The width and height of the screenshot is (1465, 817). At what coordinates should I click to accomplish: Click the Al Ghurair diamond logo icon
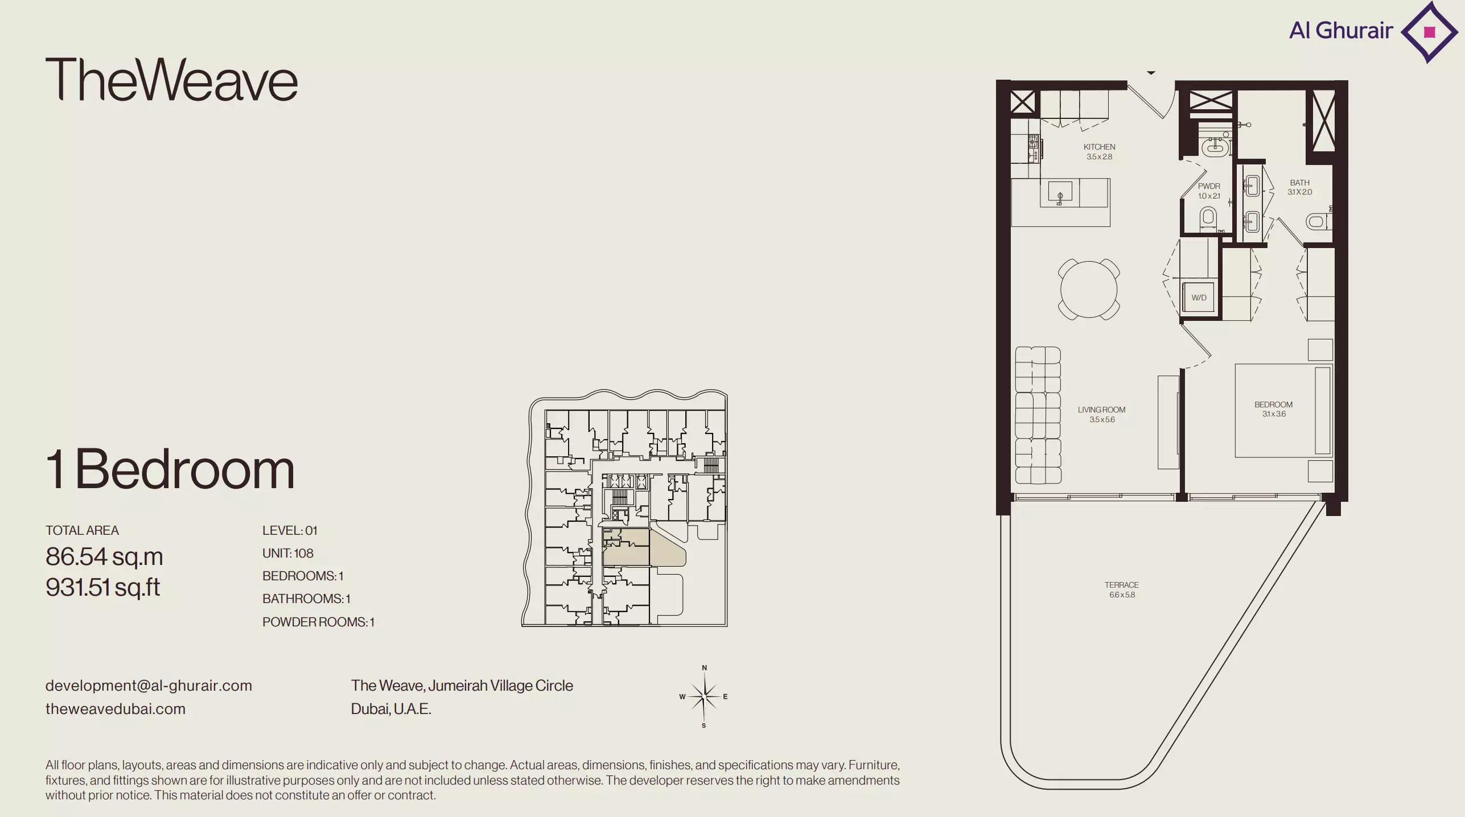1429,32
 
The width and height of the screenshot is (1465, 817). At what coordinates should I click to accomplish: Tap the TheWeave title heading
171,80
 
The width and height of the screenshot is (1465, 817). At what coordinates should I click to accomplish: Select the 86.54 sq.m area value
104,556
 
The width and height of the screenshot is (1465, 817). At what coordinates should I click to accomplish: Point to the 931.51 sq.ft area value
103,587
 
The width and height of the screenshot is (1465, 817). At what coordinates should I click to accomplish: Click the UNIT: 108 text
288,553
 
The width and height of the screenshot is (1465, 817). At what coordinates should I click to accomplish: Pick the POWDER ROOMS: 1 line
319,622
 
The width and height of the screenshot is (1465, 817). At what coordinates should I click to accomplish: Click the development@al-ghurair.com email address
149,686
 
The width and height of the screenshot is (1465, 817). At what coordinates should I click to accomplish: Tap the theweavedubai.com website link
116,709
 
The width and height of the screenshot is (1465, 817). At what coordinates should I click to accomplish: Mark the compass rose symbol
704,696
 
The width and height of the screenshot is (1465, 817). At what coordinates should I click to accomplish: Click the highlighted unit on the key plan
637,548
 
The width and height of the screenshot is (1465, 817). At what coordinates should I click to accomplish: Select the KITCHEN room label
1099,147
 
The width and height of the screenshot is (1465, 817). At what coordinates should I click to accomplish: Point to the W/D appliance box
1199,297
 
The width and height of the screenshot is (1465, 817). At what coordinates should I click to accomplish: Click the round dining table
1089,289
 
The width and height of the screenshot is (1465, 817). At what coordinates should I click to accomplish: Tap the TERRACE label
1122,585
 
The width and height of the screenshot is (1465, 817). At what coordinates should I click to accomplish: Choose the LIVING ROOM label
1101,410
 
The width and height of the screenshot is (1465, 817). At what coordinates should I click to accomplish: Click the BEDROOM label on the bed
1273,405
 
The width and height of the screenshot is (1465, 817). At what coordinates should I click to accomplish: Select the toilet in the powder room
1208,218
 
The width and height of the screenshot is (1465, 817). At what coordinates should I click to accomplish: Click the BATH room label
1299,183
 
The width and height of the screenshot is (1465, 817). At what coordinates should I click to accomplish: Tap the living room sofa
1038,415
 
